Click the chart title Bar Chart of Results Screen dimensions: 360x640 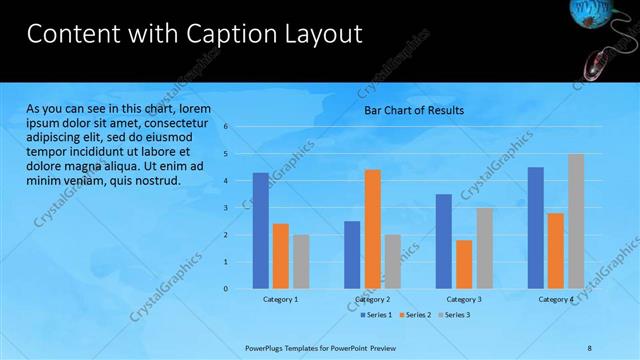413,111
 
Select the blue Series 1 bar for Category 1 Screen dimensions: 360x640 260,230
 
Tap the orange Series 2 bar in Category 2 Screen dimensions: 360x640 372,229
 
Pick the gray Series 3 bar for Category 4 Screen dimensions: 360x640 576,221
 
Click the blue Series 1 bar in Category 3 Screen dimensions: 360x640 443,241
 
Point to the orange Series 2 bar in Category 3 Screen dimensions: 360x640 464,264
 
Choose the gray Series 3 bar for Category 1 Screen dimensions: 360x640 301,261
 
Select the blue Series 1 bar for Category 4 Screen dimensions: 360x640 535,227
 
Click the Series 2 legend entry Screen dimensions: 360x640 416,315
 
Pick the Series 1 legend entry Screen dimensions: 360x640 377,315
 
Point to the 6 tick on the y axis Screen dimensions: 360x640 227,127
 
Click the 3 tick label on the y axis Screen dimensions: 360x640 227,208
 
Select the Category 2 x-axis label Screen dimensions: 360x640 372,299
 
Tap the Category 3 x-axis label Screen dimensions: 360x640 464,299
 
